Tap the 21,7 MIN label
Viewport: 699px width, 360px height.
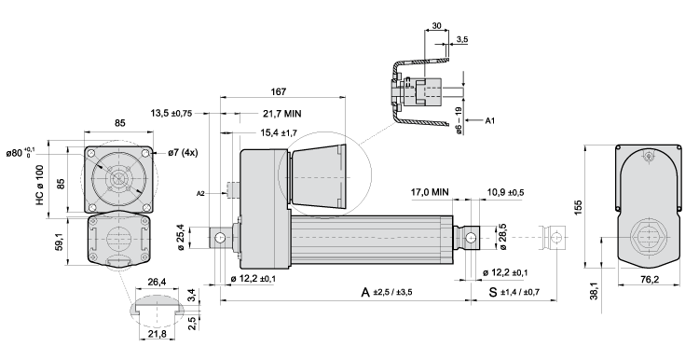272,113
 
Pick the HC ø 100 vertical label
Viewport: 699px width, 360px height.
39,185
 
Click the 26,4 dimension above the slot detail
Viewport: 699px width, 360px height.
156,283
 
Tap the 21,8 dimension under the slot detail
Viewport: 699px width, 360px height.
156,333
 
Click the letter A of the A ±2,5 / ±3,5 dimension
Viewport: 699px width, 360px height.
366,292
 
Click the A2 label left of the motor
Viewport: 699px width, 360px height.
200,193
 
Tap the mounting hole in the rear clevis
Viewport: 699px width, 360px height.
221,239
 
